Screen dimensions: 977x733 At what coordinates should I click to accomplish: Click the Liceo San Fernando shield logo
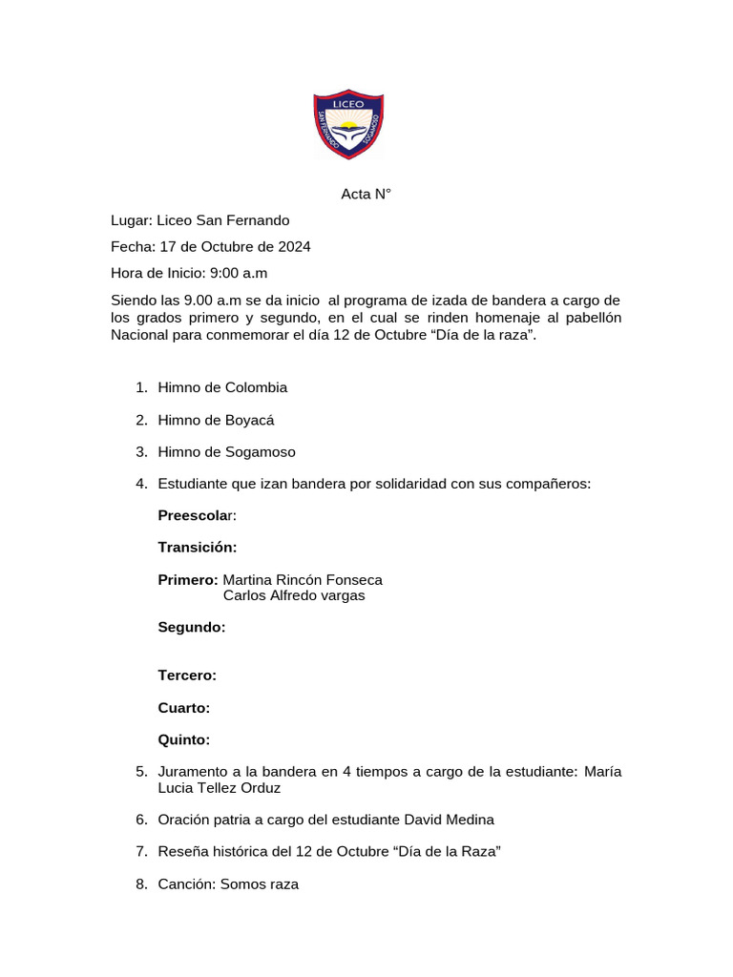click(349, 124)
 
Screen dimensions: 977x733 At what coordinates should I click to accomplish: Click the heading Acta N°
click(366, 195)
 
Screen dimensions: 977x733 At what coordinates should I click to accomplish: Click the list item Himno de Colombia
click(222, 387)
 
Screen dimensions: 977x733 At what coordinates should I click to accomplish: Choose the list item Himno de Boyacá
click(216, 420)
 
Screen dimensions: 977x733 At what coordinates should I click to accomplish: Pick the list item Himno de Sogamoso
click(226, 451)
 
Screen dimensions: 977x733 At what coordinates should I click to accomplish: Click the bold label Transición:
click(197, 548)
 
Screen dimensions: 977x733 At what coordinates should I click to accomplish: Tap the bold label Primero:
click(187, 580)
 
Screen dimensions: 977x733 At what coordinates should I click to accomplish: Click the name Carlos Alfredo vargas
click(294, 596)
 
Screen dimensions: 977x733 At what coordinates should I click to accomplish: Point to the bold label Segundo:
click(191, 628)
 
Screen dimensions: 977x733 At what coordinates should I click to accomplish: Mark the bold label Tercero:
click(187, 676)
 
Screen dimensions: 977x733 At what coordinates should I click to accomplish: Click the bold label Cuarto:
click(183, 708)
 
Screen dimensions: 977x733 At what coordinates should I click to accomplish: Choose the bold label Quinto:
click(183, 739)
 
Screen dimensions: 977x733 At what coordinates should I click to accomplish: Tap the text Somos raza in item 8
click(260, 884)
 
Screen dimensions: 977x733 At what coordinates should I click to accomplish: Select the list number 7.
click(140, 852)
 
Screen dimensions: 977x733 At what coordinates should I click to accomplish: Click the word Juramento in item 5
click(191, 772)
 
